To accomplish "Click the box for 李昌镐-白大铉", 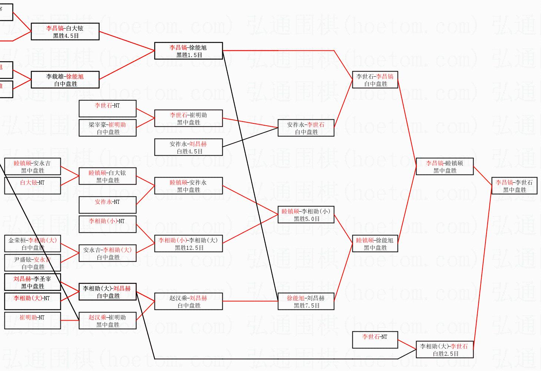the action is [x=65, y=32].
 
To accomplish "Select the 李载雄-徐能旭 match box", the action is [x=65, y=80].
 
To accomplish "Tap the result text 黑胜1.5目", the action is [x=189, y=55].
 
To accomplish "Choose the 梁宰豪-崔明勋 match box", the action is [x=107, y=128].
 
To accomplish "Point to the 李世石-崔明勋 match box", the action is [x=188, y=118].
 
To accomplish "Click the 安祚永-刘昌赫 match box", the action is [x=188, y=147].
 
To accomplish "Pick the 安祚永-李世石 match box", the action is [x=306, y=128].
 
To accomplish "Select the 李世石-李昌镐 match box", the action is [x=375, y=80].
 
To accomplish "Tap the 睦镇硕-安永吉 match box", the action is [x=32, y=166].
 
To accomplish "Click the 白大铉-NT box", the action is [x=32, y=186].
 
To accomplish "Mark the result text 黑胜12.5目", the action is [x=189, y=248].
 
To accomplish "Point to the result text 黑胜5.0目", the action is [x=306, y=219].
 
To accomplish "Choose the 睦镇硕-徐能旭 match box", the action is [x=375, y=244].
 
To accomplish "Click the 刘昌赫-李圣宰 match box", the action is [x=32, y=282].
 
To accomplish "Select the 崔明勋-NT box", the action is [x=32, y=321].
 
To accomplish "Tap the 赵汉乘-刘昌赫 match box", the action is [x=188, y=301].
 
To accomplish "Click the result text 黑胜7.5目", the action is [x=306, y=305].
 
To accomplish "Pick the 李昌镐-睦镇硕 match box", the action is [x=444, y=166].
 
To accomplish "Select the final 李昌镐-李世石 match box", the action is [x=514, y=186].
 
